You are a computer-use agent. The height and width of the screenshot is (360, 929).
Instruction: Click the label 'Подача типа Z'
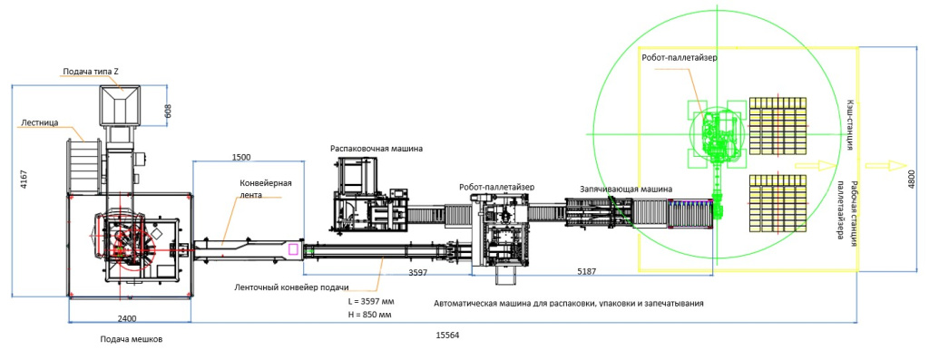point(92,72)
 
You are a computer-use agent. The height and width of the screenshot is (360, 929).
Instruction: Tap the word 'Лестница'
point(39,123)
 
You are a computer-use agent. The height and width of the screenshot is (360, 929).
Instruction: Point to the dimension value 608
point(168,111)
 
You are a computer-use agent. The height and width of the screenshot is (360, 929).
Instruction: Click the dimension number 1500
point(241,157)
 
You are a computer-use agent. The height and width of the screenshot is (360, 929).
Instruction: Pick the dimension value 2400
point(127,318)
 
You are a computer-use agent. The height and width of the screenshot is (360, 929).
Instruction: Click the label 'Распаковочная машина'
point(376,149)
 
